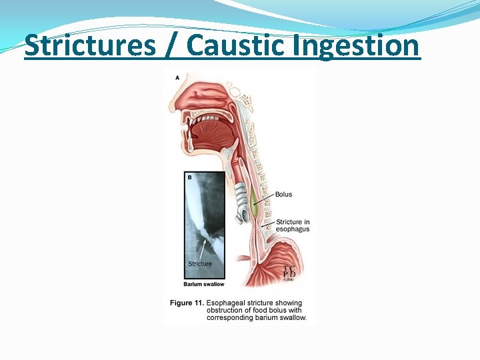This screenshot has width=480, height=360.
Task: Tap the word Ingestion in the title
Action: coord(364,45)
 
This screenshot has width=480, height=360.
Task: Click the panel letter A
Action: coord(177,78)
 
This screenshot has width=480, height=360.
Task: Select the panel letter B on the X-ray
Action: coord(189,177)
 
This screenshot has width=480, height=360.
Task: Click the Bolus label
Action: coord(283,195)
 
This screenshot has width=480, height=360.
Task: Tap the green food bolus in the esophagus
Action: coord(254,209)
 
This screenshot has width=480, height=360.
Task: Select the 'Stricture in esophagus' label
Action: coord(293,225)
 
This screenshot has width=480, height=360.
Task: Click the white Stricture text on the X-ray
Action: coord(200,264)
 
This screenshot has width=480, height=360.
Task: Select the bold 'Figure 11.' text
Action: coord(186,303)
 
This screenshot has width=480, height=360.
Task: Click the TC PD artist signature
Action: coord(290,272)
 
